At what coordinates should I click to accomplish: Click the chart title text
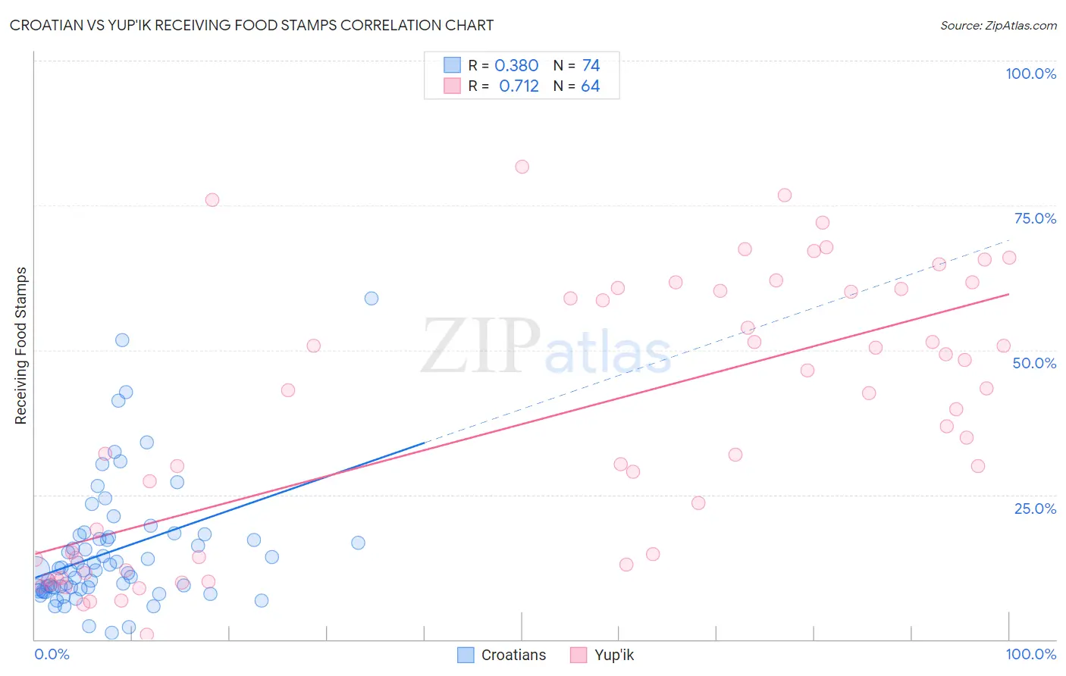click(252, 25)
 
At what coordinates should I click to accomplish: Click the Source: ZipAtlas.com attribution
click(998, 25)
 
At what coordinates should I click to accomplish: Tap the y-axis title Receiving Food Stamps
click(20, 346)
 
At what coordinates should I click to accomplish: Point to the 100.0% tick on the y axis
click(1030, 74)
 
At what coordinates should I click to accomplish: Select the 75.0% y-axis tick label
click(1035, 218)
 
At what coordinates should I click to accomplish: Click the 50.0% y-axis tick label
click(1034, 363)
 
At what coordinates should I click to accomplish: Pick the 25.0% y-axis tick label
click(1035, 508)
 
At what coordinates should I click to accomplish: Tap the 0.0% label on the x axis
click(52, 654)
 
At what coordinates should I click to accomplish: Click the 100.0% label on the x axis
click(1030, 654)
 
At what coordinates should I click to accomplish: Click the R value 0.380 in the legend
click(516, 65)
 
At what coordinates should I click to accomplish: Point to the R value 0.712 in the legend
click(519, 86)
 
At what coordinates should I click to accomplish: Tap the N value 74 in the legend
click(591, 65)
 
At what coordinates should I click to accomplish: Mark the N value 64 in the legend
click(590, 86)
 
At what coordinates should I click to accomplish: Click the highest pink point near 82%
click(522, 167)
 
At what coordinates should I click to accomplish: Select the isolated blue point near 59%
click(372, 299)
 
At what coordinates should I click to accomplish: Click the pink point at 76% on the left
click(212, 200)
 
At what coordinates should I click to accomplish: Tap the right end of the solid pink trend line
click(1008, 294)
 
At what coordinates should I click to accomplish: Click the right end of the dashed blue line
click(1008, 240)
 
